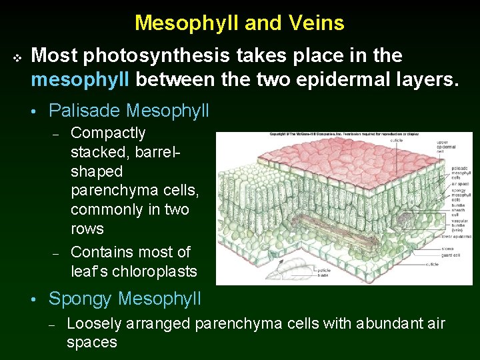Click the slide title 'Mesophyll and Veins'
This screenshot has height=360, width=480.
pos(239,23)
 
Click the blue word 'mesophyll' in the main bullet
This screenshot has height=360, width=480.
pos(81,81)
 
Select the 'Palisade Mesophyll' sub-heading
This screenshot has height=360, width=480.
pos(129,110)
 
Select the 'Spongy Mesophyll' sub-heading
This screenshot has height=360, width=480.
pos(125,299)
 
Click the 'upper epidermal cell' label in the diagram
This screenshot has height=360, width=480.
pos(446,146)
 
